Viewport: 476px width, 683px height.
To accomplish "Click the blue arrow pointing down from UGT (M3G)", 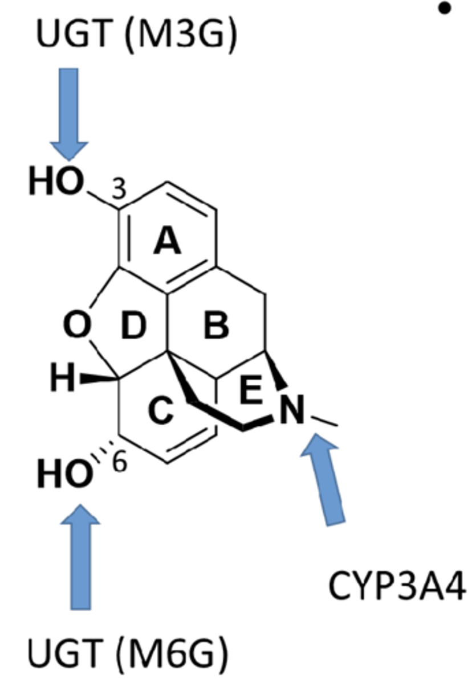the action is coord(69,114).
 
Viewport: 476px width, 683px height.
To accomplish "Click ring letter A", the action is coord(167,243).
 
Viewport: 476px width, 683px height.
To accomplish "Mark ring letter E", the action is coord(251,391).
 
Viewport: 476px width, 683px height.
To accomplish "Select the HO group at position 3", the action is coord(56,183).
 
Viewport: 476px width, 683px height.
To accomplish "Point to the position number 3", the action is coord(119,190).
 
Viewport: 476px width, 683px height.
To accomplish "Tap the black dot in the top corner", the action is coord(446,9).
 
